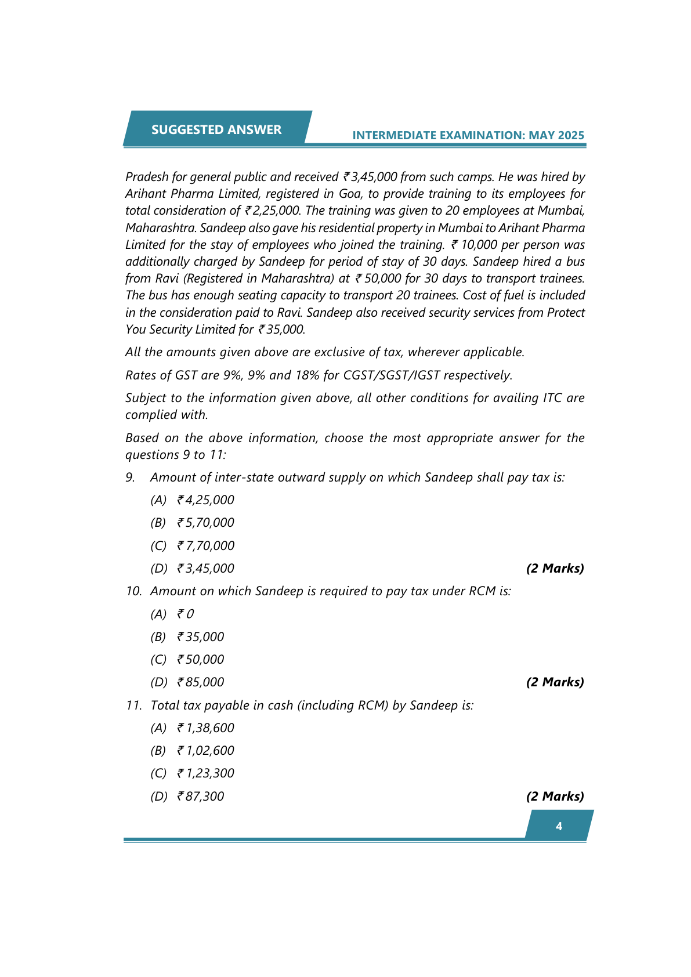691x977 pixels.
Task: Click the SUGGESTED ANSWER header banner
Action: click(216, 129)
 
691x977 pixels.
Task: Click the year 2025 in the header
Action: click(571, 135)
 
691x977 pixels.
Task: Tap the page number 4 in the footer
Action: click(559, 826)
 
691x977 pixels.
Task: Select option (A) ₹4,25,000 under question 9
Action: click(205, 500)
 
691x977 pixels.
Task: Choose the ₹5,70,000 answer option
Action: click(205, 523)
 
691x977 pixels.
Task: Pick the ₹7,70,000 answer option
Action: click(205, 546)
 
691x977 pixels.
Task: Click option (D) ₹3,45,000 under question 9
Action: click(205, 569)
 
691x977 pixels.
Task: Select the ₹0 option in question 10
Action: click(186, 614)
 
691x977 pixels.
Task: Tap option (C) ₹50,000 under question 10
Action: click(200, 660)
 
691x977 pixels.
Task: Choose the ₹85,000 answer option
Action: click(200, 682)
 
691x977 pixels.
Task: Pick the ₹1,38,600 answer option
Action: click(205, 728)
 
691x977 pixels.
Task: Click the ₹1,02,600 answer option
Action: click(205, 751)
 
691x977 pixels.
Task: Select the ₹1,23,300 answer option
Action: click(205, 773)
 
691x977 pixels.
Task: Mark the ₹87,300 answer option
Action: click(200, 797)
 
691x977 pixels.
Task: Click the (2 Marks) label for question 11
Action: click(555, 797)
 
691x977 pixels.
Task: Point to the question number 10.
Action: click(133, 591)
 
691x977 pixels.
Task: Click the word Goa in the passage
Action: click(350, 194)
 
